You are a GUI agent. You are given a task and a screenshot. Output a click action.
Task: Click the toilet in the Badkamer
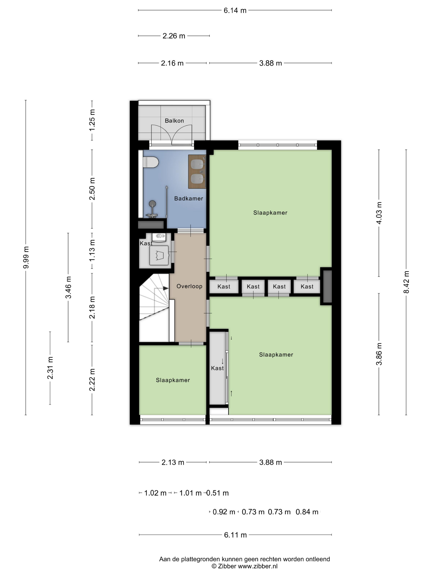[151, 162]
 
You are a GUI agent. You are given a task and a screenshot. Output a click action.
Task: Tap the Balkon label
[174, 121]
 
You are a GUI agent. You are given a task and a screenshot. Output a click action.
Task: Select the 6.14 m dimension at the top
[235, 10]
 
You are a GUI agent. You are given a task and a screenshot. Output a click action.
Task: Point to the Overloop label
[189, 286]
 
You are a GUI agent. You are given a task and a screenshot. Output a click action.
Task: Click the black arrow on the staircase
[165, 288]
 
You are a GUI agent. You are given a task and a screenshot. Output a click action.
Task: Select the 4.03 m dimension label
[379, 213]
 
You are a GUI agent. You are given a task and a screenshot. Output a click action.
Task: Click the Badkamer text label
[188, 199]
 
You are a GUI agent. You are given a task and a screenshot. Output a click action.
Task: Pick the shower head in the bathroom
[152, 203]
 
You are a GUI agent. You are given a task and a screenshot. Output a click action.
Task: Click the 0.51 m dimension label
[217, 493]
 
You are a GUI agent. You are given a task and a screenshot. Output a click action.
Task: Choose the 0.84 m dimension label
[307, 512]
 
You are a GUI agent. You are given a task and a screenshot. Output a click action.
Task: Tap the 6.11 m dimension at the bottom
[235, 535]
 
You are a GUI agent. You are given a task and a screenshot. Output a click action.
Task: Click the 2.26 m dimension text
[174, 36]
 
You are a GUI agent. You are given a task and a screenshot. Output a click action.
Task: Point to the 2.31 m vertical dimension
[50, 368]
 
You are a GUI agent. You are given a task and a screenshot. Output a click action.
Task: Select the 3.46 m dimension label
[68, 287]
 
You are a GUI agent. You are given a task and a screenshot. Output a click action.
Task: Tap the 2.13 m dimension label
[173, 462]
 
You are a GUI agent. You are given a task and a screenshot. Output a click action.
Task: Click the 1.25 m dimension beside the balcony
[92, 120]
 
